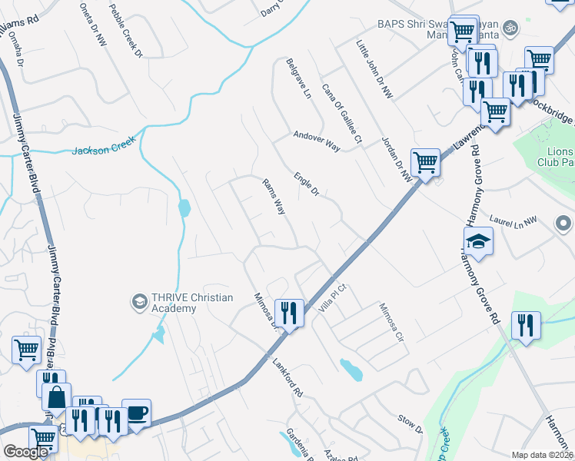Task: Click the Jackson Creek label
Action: coord(104,146)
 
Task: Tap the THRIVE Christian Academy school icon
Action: coord(139,300)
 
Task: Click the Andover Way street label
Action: coord(316,140)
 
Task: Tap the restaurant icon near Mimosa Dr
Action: coord(289,313)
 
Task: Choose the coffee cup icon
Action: coord(136,413)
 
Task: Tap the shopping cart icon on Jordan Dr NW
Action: coord(425,162)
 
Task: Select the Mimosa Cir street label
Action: coord(391,321)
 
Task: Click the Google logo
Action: coord(25,452)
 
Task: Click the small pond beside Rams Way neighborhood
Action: coord(184,208)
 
